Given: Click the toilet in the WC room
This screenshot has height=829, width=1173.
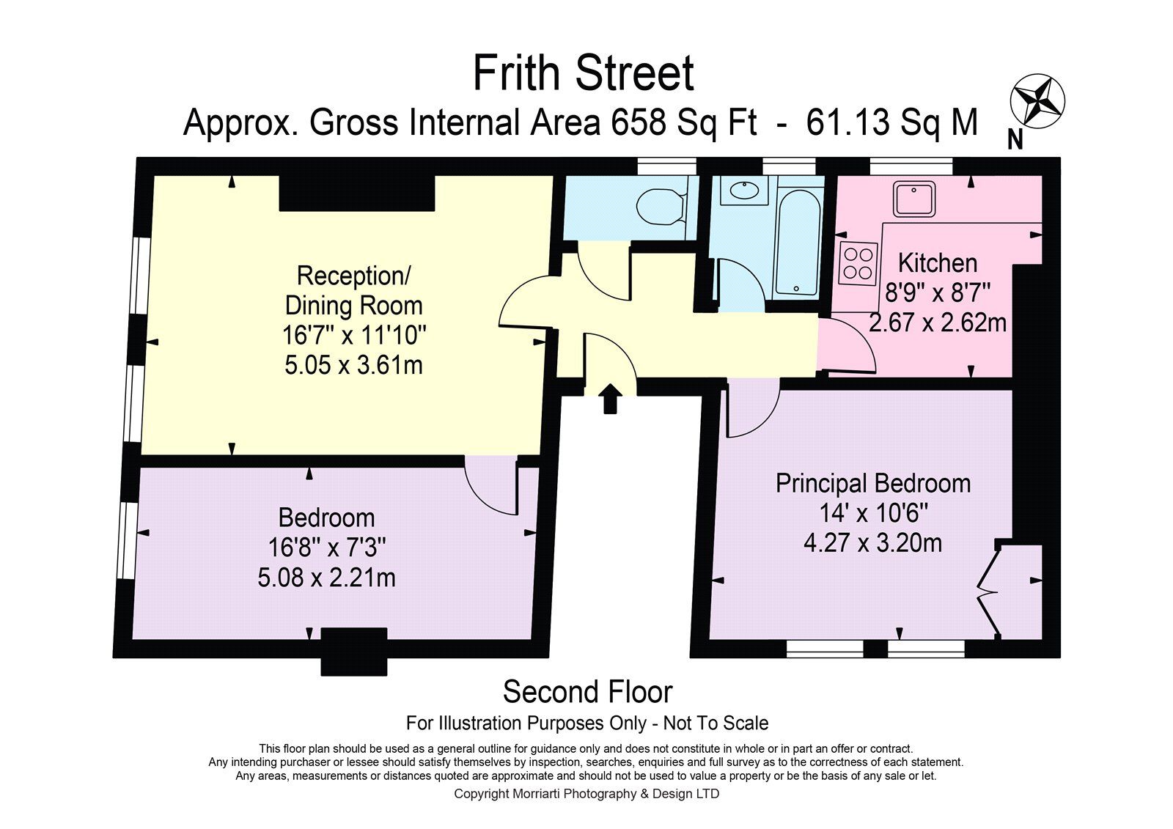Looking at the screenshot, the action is pos(661,208).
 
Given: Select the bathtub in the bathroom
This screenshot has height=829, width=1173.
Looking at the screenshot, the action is pos(797,243).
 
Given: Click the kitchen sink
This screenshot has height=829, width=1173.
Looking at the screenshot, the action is pos(914,199).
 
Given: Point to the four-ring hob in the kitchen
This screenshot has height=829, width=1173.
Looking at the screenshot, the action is pos(858,265).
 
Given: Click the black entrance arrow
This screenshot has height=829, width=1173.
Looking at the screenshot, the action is pos(609,399).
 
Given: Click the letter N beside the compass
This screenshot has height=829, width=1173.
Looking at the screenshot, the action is pos(1015,139).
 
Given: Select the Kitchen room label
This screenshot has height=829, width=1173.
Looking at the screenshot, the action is pos(938,263).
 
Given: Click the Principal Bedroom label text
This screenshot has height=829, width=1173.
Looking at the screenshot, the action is pos(873,483).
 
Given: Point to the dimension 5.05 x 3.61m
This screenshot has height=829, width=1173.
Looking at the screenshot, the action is pos(353,365).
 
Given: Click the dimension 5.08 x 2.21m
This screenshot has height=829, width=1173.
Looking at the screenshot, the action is pos(326,578).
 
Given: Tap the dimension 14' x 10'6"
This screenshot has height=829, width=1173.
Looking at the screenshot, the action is pos(873,513).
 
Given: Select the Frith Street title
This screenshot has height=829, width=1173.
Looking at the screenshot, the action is pos(584,74).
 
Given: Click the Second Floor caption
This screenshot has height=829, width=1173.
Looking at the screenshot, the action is pos(587,692).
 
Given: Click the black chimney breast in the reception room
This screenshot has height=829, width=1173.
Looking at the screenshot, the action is pos(356,194).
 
